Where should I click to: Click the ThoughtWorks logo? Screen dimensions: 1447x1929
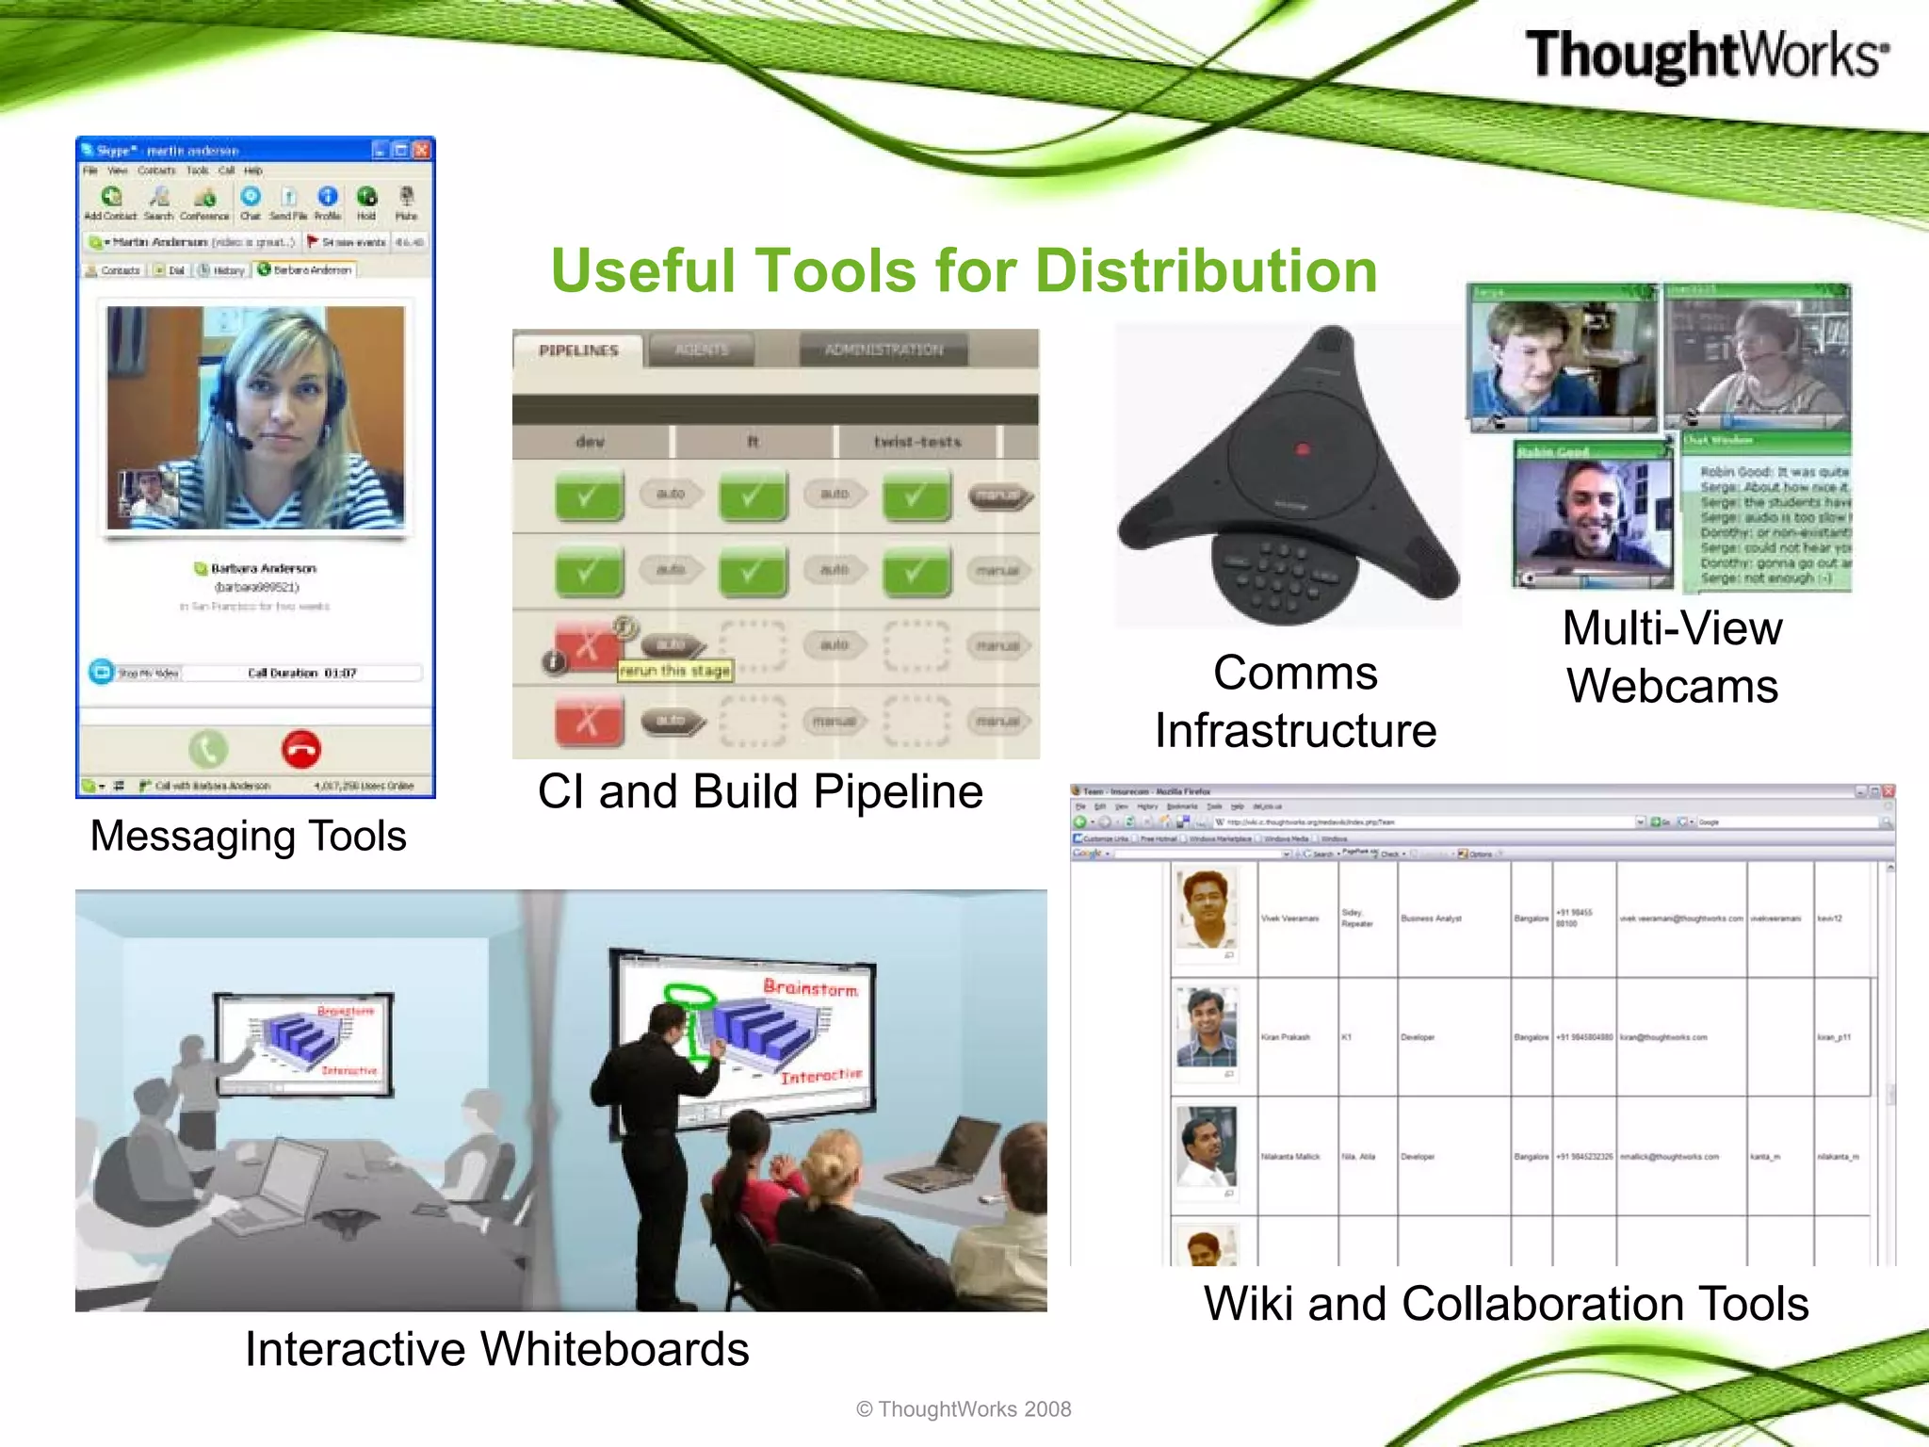click(1706, 55)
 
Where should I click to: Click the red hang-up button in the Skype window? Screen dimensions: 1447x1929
click(301, 750)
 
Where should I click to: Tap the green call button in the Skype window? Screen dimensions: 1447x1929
click(208, 750)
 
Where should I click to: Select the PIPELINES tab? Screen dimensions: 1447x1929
click(578, 350)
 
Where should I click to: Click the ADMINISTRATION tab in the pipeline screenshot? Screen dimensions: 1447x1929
click(883, 350)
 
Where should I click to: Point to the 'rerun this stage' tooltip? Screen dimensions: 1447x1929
click(675, 671)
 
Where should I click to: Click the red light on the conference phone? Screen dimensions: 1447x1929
click(1303, 449)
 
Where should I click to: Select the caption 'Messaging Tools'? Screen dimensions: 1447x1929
click(248, 836)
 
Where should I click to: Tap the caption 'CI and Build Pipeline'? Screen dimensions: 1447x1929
click(760, 791)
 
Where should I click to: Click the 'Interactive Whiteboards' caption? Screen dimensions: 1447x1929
click(496, 1348)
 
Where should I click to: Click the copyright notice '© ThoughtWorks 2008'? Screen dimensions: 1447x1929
click(964, 1409)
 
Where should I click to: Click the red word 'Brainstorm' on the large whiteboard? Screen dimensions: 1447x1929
click(810, 987)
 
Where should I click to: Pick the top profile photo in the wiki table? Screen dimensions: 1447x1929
click(1206, 908)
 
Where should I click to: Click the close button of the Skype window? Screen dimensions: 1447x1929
click(422, 150)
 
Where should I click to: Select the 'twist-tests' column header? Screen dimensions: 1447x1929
click(917, 442)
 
